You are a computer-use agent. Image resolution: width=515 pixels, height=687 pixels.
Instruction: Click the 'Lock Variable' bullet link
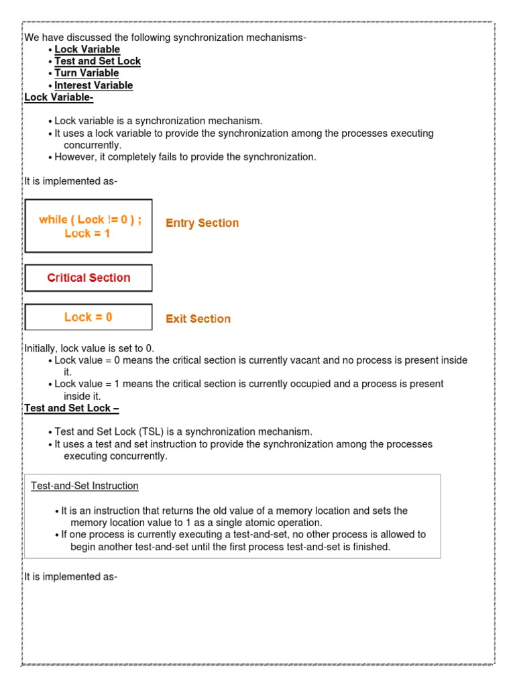pyautogui.click(x=87, y=49)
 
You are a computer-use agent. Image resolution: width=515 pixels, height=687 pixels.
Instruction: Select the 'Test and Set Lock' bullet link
pyautogui.click(x=97, y=61)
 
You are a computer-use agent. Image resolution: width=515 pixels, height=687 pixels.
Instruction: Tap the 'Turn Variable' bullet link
pyautogui.click(x=87, y=73)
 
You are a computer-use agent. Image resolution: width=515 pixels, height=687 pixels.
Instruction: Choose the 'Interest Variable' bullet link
pyautogui.click(x=93, y=85)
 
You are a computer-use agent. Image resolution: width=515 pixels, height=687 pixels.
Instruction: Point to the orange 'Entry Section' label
pyautogui.click(x=202, y=223)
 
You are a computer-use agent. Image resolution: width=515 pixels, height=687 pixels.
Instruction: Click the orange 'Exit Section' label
pyautogui.click(x=198, y=319)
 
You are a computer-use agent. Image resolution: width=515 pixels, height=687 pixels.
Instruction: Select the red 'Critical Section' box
pyautogui.click(x=89, y=278)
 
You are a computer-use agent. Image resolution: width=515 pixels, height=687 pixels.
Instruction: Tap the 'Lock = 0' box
pyautogui.click(x=89, y=317)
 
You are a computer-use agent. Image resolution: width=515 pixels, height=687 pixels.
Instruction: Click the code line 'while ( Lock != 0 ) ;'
pyautogui.click(x=90, y=219)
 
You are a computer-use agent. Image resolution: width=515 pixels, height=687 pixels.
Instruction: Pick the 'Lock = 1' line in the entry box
pyautogui.click(x=87, y=233)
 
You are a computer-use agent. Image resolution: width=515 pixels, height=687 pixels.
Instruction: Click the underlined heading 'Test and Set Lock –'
pyautogui.click(x=72, y=408)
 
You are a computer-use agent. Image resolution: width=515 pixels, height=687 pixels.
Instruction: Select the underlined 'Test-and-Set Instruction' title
pyautogui.click(x=84, y=486)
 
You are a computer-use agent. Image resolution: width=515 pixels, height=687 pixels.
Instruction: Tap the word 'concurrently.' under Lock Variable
pyautogui.click(x=93, y=145)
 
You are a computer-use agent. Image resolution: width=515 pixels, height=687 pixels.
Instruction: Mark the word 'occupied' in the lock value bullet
pyautogui.click(x=311, y=384)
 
